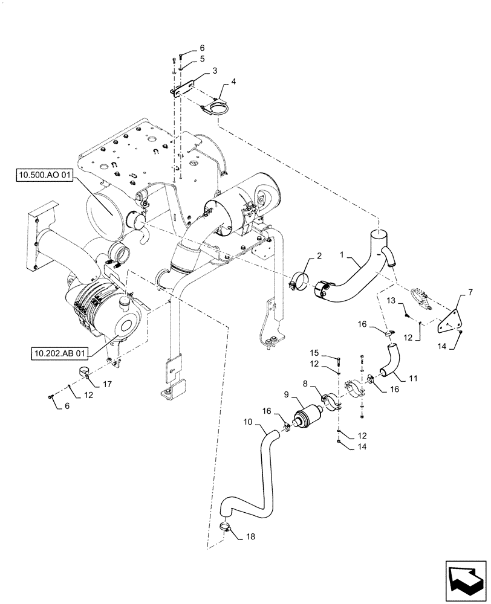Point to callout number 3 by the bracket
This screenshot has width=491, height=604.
click(197, 71)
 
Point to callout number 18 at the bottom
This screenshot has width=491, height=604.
click(234, 536)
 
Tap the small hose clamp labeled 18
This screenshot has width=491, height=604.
click(225, 527)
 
